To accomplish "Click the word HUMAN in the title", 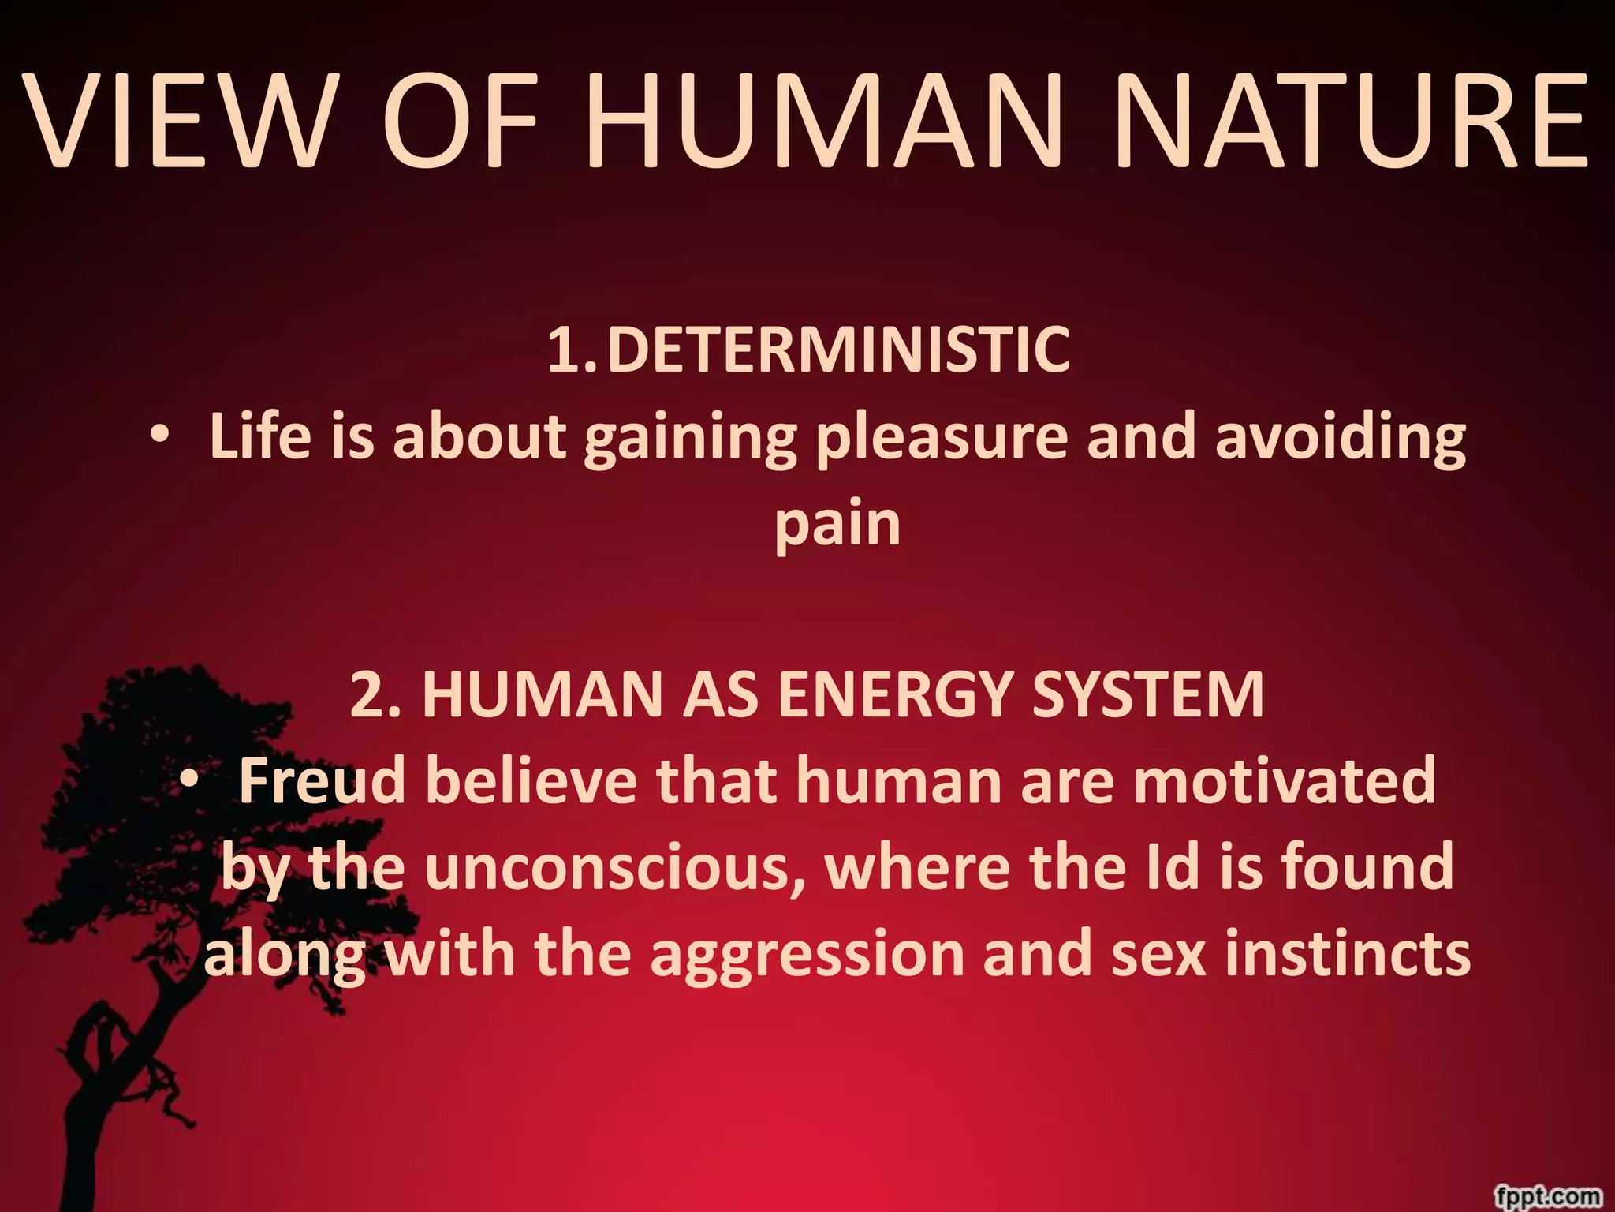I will (820, 122).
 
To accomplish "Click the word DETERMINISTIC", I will (838, 350).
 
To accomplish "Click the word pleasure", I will (942, 439).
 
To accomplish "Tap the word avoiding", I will (1340, 437).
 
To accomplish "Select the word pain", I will (837, 526).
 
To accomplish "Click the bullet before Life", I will (161, 434).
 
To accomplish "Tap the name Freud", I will (322, 780).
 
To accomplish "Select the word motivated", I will (1285, 780).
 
